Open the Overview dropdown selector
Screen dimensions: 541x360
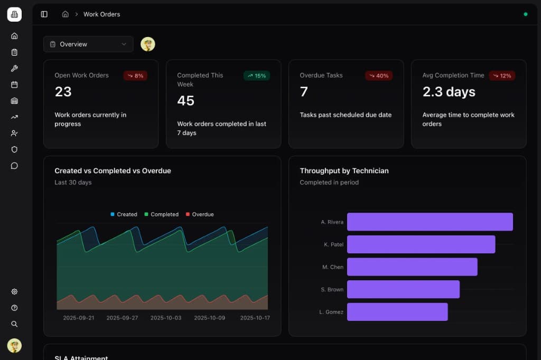pos(88,44)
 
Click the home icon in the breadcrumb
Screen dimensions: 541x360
pos(65,14)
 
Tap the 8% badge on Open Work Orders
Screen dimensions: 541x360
pos(136,75)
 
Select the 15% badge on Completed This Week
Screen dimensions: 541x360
pos(257,75)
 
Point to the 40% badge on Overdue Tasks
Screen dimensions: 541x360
pos(379,75)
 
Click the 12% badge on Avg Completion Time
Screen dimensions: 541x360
pos(502,75)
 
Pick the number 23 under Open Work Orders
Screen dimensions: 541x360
pos(63,92)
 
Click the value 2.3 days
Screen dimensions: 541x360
pos(449,92)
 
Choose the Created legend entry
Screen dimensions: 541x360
pos(124,214)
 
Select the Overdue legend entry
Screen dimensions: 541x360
pos(200,214)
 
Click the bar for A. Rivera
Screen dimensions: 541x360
pos(430,222)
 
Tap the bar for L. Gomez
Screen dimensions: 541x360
pos(397,312)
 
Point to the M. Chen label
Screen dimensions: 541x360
pos(333,267)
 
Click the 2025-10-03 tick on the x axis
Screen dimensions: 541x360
pos(165,318)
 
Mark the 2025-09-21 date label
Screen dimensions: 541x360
pos(78,318)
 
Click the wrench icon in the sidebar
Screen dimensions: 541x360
pos(14,68)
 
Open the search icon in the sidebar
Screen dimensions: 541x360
pos(14,324)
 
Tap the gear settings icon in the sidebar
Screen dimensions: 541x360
pos(14,292)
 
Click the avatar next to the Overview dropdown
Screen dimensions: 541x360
pos(148,44)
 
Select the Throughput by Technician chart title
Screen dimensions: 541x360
pos(344,170)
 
